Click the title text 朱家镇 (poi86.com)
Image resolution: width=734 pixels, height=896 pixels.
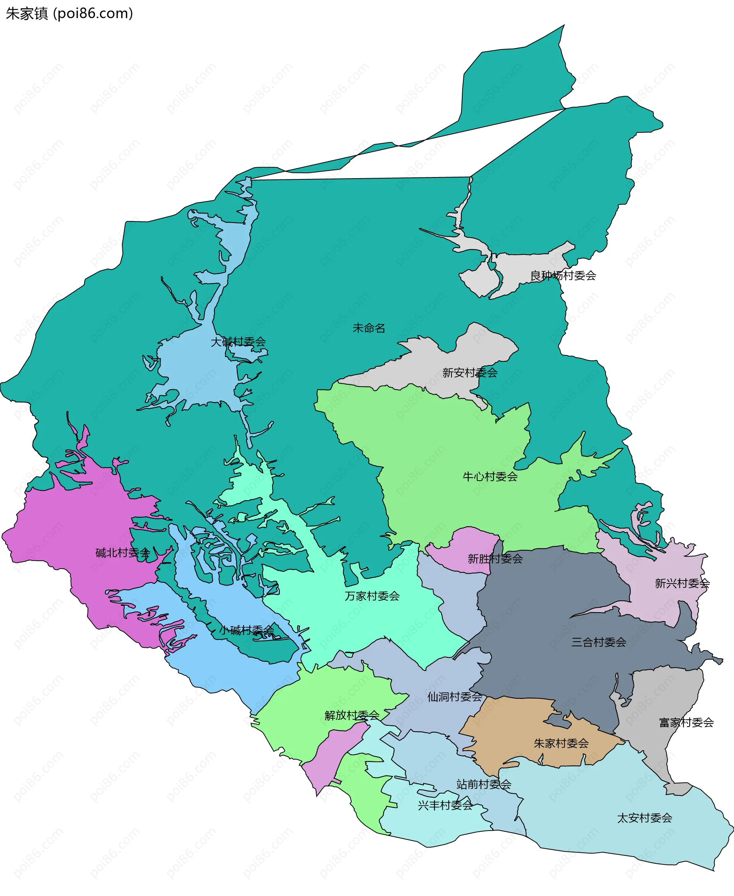[69, 13]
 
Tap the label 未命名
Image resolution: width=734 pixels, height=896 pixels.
[369, 328]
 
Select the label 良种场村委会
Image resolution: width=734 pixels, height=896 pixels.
[563, 276]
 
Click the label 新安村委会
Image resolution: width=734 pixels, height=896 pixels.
[470, 372]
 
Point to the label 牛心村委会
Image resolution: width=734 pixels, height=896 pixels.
[490, 476]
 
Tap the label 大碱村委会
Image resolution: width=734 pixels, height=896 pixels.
[238, 341]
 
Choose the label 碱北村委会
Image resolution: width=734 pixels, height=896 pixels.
[123, 553]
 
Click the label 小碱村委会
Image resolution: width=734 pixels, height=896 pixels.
[247, 631]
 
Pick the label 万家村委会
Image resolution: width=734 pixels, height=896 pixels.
[372, 596]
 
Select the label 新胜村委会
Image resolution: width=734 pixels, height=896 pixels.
[495, 559]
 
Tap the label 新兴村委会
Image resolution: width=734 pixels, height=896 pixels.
[682, 584]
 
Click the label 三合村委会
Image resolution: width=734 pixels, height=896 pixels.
[599, 642]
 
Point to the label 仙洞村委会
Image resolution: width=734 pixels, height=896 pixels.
[455, 697]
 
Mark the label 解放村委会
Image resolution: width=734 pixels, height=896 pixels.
[352, 715]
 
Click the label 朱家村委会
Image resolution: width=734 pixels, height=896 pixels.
[561, 743]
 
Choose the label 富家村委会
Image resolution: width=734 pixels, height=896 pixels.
[686, 723]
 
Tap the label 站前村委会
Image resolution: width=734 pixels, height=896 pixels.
[484, 784]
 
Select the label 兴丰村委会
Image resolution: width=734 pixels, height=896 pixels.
[445, 805]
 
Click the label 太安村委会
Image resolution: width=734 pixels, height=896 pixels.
[645, 818]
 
